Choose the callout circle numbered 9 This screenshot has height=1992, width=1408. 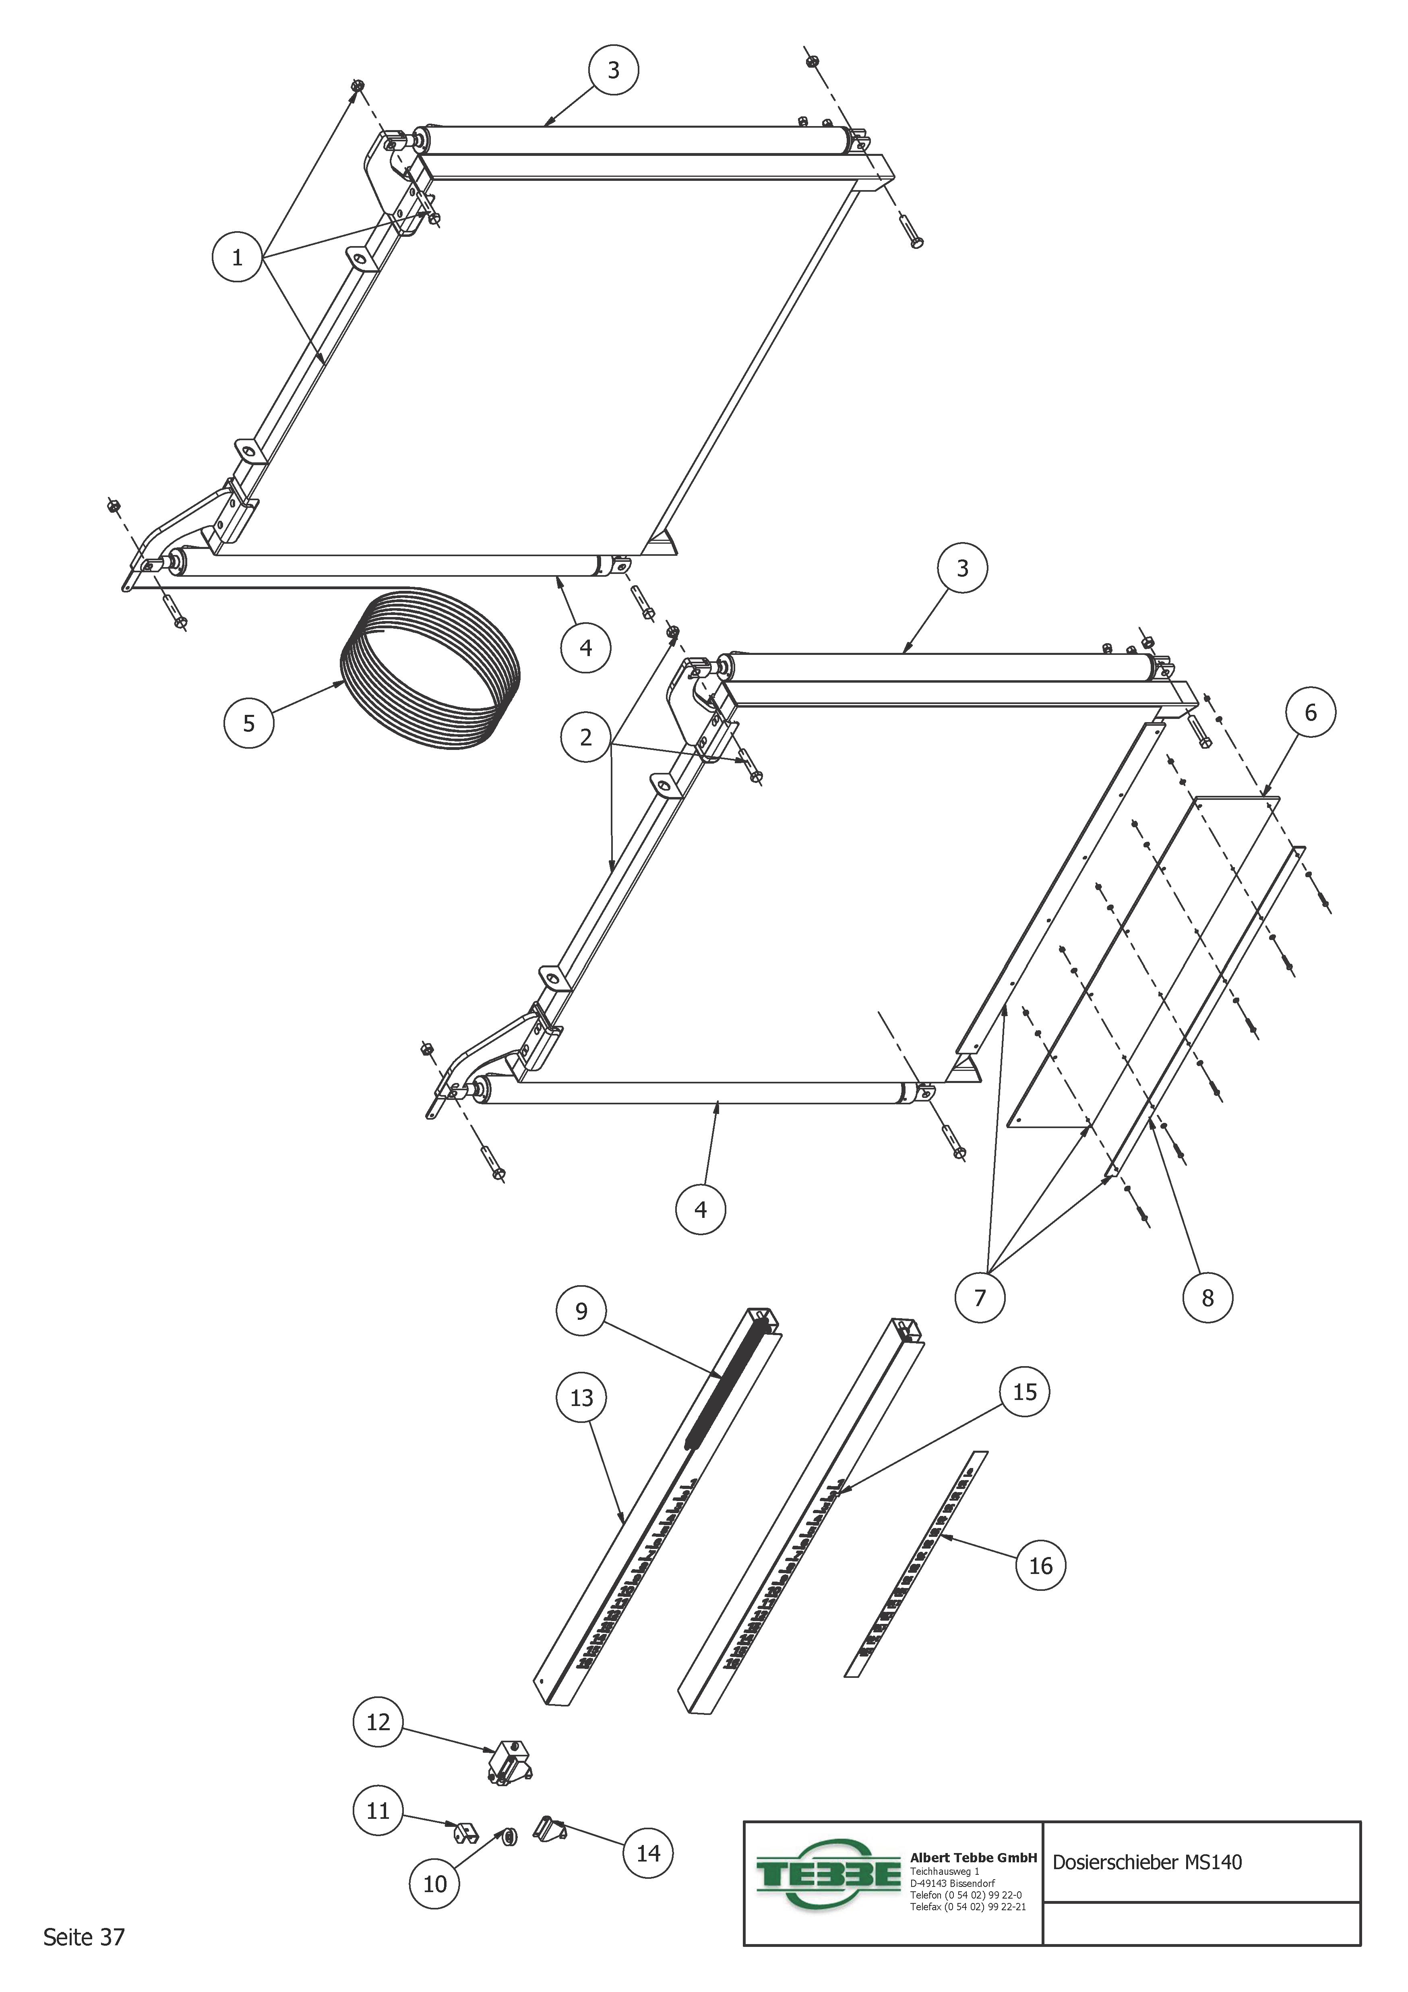point(581,1311)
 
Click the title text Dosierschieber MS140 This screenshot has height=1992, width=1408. point(1147,1863)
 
